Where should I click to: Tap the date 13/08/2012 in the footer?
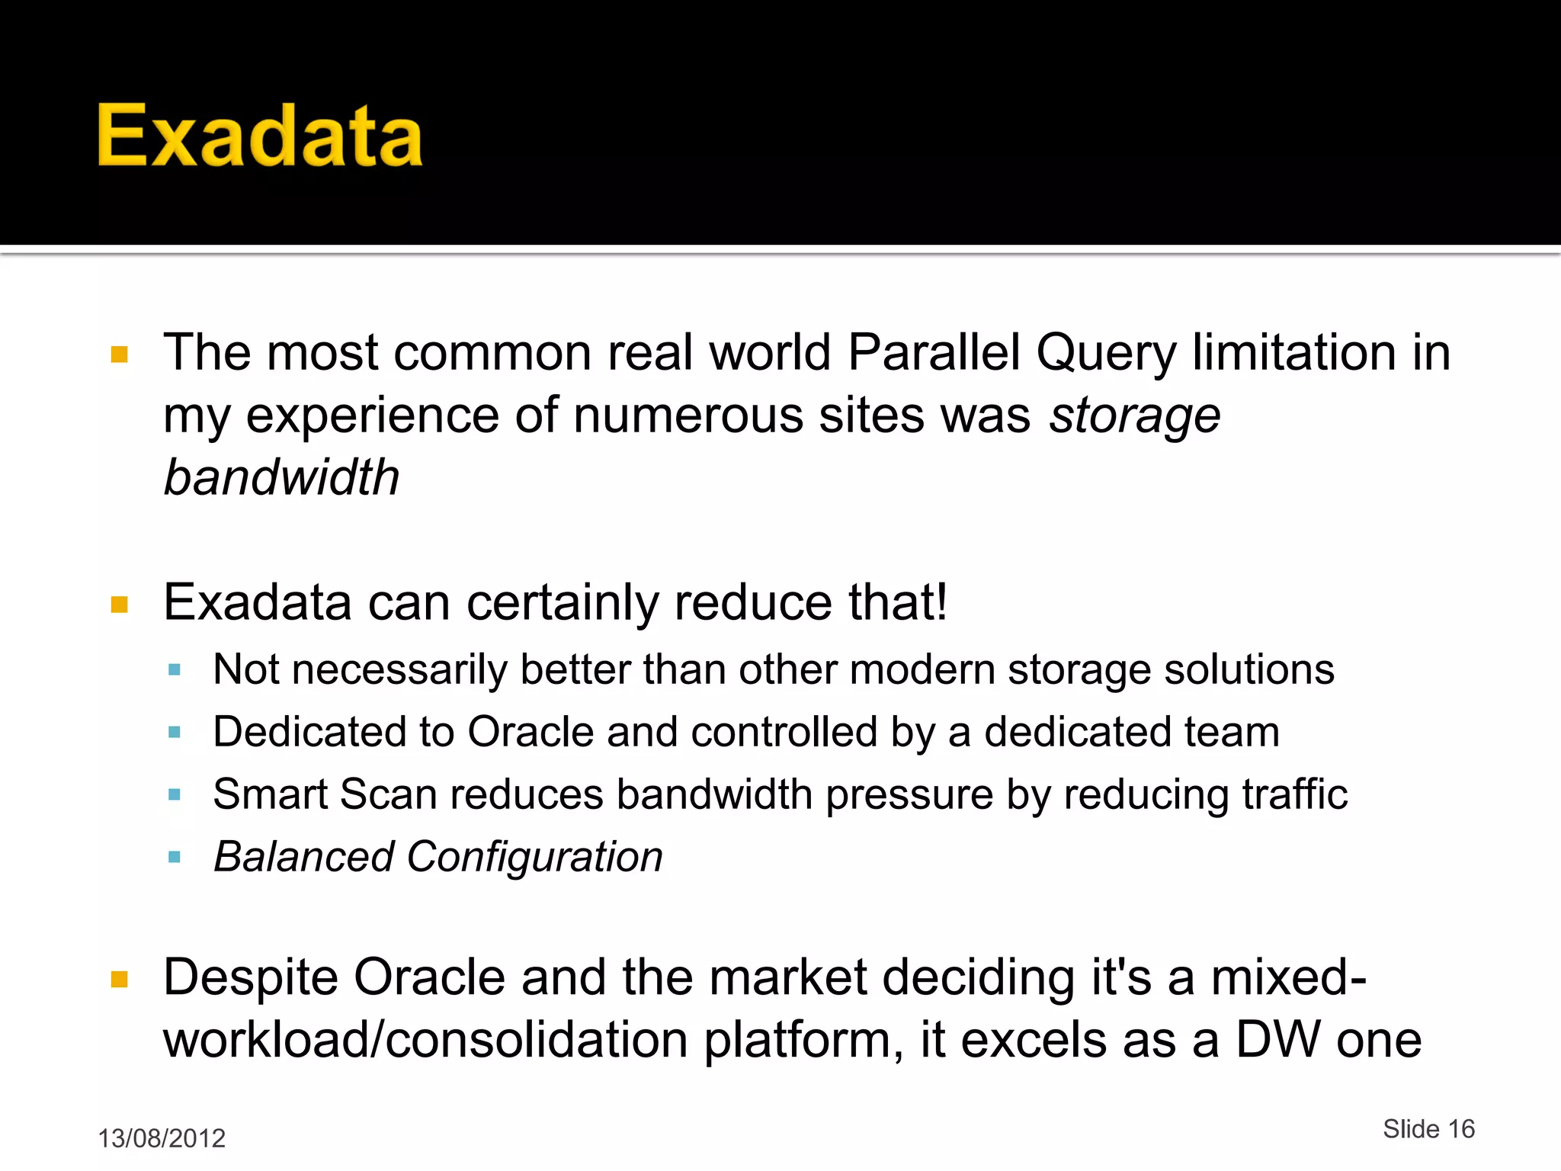point(162,1138)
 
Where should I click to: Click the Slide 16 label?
point(1428,1129)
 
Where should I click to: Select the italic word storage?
point(1134,417)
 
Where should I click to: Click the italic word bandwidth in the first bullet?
point(281,478)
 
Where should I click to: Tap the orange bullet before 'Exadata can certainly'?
point(120,605)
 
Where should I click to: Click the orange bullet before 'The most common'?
point(120,355)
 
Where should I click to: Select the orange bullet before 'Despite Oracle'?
point(120,979)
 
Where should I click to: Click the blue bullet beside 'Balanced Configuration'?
point(175,857)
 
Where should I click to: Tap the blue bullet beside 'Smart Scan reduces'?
point(175,794)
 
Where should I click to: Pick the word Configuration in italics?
point(534,858)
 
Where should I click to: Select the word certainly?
point(563,603)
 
